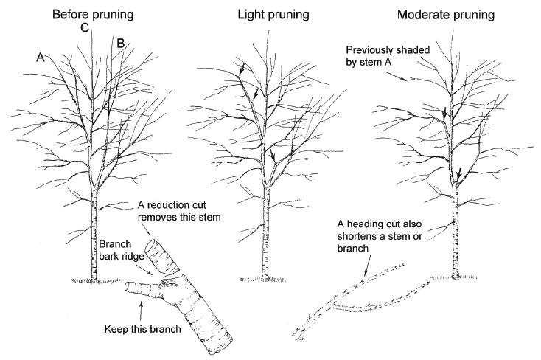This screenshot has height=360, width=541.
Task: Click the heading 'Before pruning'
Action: pyautogui.click(x=91, y=14)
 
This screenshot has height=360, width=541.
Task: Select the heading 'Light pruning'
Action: pyautogui.click(x=270, y=14)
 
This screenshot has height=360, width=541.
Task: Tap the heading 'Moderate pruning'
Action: pyautogui.click(x=450, y=14)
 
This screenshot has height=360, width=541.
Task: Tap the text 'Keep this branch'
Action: pyautogui.click(x=142, y=328)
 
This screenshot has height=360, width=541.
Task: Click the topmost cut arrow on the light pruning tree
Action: pyautogui.click(x=242, y=71)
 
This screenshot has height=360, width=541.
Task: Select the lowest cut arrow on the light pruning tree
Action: pyautogui.click(x=273, y=158)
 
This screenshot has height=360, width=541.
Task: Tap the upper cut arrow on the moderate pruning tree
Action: pyautogui.click(x=444, y=111)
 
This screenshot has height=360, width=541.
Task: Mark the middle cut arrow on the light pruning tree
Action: pyautogui.click(x=255, y=94)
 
